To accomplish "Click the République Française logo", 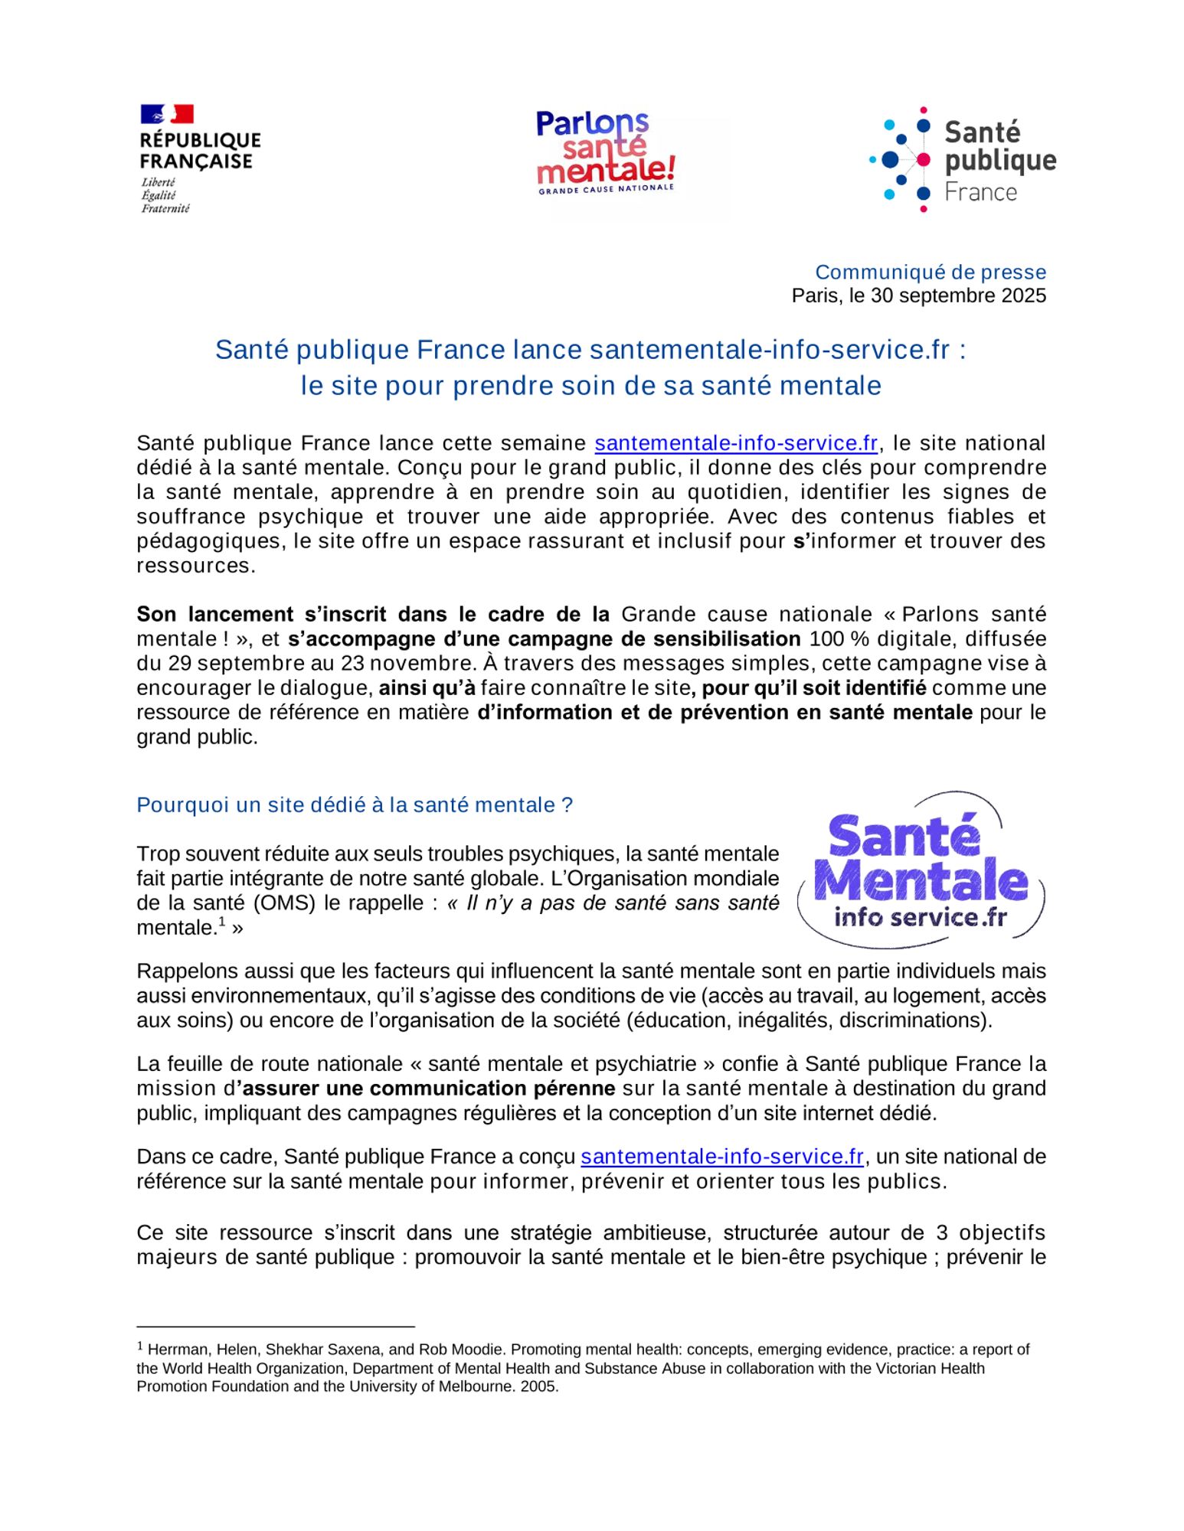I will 199,158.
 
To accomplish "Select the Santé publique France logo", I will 963,159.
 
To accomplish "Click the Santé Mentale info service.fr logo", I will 921,870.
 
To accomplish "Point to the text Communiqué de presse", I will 930,272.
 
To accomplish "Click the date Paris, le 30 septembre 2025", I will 918,295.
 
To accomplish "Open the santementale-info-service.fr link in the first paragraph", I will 735,443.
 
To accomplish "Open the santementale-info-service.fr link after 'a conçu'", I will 722,1156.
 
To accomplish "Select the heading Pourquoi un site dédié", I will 354,805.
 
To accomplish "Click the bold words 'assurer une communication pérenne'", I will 428,1088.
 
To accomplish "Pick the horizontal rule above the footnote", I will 276,1326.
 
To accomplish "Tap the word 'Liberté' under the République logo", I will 158,182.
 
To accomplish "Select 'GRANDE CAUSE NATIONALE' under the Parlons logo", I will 606,188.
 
